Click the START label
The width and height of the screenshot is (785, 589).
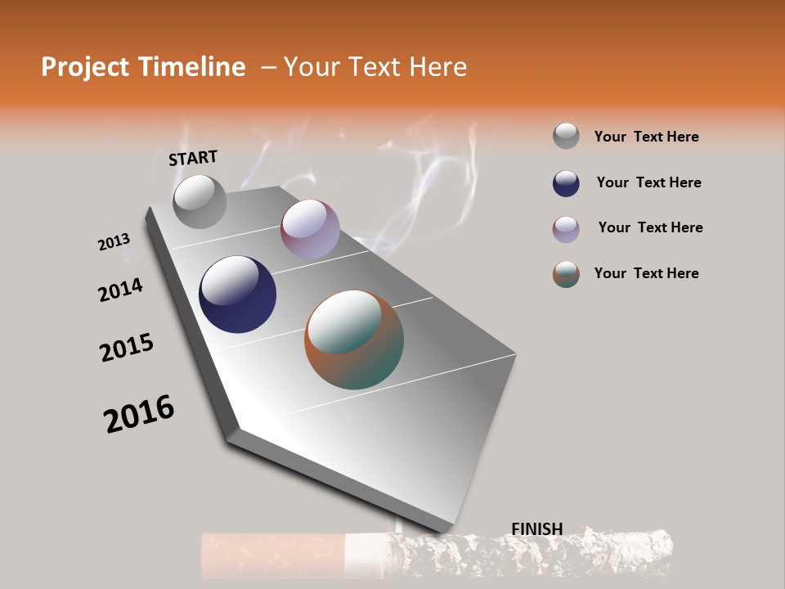pyautogui.click(x=193, y=158)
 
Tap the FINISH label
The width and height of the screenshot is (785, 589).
pyautogui.click(x=536, y=529)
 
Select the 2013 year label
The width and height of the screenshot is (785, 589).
pyautogui.click(x=114, y=242)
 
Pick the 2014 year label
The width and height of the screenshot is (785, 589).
pyautogui.click(x=120, y=290)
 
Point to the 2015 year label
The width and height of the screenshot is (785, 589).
pyautogui.click(x=127, y=348)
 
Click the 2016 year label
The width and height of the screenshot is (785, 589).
pyautogui.click(x=139, y=414)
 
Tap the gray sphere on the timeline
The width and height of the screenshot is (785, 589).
pyautogui.click(x=200, y=201)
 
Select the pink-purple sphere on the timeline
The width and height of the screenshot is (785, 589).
pyautogui.click(x=310, y=229)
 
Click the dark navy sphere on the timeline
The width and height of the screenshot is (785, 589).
pyautogui.click(x=237, y=294)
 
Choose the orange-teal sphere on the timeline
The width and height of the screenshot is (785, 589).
pyautogui.click(x=354, y=339)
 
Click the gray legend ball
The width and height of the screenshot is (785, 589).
pyautogui.click(x=566, y=136)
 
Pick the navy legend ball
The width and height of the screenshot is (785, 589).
pyautogui.click(x=566, y=182)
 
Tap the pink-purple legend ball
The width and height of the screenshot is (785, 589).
pyautogui.click(x=566, y=228)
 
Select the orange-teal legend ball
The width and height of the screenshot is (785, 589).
pyautogui.click(x=566, y=273)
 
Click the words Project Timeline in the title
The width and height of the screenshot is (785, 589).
pyautogui.click(x=143, y=67)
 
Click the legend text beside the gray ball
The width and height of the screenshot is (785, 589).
pyautogui.click(x=646, y=137)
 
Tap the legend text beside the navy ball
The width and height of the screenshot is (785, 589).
pyautogui.click(x=648, y=182)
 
